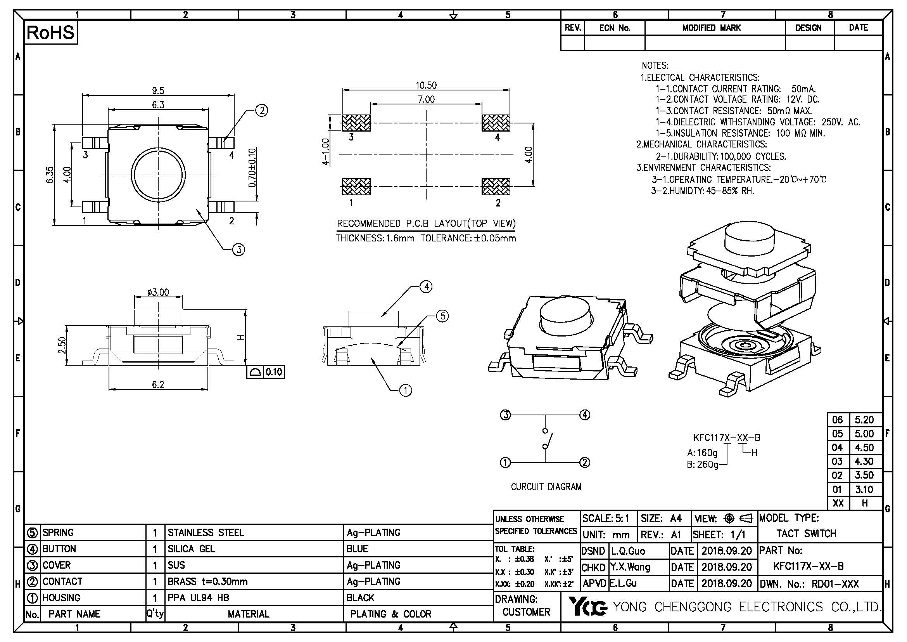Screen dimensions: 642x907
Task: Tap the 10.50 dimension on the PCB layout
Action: [426, 85]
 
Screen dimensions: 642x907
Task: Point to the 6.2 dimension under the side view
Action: [158, 385]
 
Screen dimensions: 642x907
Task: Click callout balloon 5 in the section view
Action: [442, 316]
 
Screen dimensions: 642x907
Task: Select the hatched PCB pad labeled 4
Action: [496, 123]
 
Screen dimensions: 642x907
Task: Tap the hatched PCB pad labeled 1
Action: [356, 187]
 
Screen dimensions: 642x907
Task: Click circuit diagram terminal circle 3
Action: [506, 415]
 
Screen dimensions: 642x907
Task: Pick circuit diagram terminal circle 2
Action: [585, 463]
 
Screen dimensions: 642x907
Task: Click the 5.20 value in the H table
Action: [864, 420]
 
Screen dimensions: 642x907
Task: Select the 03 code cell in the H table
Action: [837, 462]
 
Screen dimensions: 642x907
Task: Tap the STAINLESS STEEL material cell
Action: [206, 533]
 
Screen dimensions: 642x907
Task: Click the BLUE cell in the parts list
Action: [357, 549]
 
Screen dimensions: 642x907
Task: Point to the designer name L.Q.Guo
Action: [628, 551]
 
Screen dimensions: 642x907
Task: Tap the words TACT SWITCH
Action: [806, 534]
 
